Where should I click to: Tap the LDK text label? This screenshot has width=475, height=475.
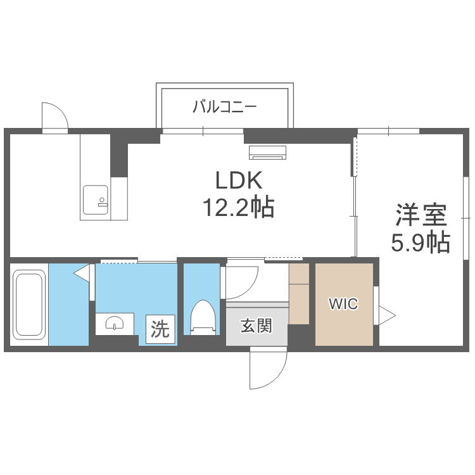pos(237,182)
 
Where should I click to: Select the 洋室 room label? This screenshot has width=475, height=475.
pos(421,215)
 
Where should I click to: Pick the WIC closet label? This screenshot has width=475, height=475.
pos(343,304)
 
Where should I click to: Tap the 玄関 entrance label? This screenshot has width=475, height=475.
pos(256,326)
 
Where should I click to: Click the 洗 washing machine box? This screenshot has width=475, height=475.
pos(160,329)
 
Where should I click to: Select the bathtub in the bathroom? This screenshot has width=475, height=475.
pos(29,304)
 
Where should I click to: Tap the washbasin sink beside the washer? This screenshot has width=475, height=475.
pos(115,323)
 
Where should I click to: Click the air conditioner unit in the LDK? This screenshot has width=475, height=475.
pos(268,152)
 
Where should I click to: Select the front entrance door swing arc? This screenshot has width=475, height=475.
pos(266,370)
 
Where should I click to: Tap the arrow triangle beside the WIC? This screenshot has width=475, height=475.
pos(386,313)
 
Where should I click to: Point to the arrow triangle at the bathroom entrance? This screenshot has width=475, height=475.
pos(81,272)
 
